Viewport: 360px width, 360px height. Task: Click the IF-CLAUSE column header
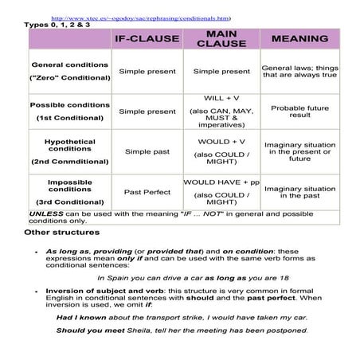147,38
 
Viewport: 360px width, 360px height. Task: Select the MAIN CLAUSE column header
221,38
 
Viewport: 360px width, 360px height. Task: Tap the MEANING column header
299,38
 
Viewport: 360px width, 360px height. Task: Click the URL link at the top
140,16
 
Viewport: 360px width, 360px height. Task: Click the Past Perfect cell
147,192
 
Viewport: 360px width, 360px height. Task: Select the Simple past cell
147,151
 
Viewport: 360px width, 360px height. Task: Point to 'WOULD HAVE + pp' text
221,182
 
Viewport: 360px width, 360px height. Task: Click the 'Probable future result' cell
299,111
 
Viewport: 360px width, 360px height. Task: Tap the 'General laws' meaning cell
299,71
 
